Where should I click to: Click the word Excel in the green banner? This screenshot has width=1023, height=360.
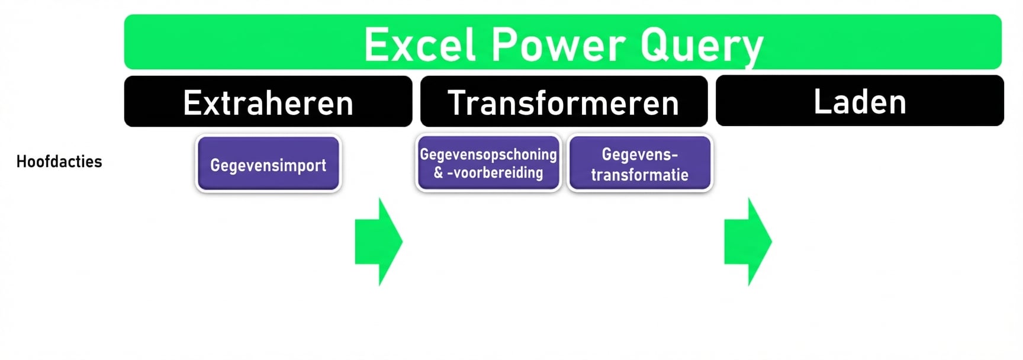pos(420,45)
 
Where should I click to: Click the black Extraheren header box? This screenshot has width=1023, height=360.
pos(268,102)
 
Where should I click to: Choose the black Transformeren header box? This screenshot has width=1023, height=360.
pos(563,102)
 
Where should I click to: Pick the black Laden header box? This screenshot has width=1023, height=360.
pos(859,101)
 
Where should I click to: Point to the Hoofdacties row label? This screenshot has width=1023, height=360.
pos(59,162)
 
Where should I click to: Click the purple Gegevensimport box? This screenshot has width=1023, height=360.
pos(268,164)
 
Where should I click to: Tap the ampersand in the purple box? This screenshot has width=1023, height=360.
pos(439,173)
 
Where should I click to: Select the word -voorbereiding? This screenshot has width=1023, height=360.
pos(496,173)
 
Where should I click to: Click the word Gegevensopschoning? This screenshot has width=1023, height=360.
pos(488,155)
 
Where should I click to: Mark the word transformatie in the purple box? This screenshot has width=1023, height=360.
pos(639,175)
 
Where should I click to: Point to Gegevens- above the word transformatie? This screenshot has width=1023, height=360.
pos(639,155)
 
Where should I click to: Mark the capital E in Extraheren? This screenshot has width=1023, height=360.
pos(192,102)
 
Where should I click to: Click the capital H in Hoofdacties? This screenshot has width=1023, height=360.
pos(21,162)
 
